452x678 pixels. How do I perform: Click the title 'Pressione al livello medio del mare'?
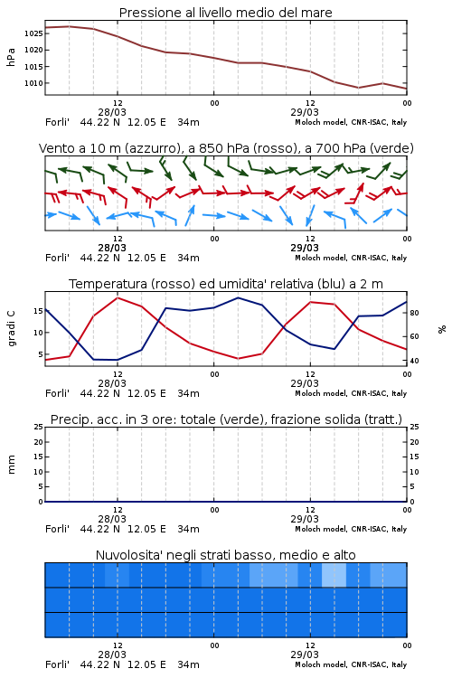click(225, 13)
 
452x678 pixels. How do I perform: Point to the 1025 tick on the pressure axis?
click(33, 33)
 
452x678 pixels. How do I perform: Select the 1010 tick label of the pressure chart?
click(33, 83)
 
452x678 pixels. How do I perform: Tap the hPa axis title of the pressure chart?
click(11, 58)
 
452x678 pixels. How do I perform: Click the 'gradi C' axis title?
click(12, 329)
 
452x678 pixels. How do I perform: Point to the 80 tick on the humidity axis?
click(414, 313)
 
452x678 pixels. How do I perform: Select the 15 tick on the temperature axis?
click(38, 311)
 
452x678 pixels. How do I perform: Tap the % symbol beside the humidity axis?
click(442, 329)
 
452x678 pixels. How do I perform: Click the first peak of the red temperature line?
click(118, 297)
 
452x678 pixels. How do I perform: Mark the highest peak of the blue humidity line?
click(238, 297)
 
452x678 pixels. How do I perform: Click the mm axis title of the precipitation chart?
click(11, 465)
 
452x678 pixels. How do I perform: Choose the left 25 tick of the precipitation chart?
click(38, 428)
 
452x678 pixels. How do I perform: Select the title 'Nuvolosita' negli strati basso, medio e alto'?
click(225, 555)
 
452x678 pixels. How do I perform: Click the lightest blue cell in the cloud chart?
click(334, 575)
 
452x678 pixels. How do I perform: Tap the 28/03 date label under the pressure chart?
click(112, 112)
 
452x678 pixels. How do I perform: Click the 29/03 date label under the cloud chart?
click(305, 654)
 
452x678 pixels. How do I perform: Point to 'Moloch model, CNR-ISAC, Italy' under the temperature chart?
click(351, 393)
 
